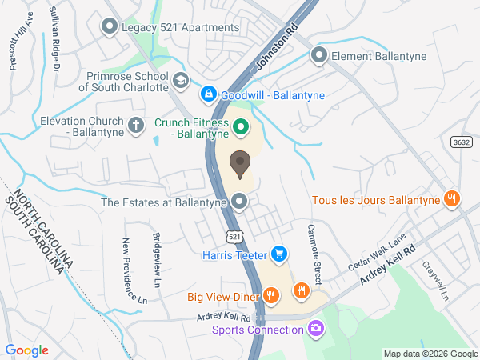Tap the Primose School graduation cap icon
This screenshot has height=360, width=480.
tap(181, 79)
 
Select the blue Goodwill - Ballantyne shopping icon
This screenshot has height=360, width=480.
tap(209, 94)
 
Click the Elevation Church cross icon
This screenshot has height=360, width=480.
tap(136, 124)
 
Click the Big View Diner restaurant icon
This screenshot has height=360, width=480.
tap(271, 296)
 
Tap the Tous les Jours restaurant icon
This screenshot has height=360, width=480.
tap(452, 198)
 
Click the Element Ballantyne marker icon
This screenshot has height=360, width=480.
tap(319, 55)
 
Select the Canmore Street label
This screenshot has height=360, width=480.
tap(314, 254)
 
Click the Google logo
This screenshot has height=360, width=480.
tap(27, 350)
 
